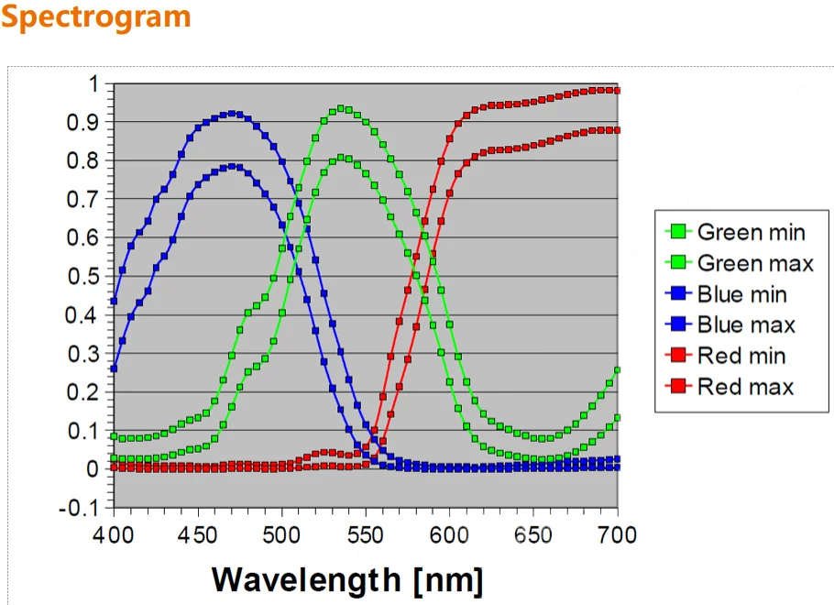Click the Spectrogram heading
pyautogui.click(x=96, y=17)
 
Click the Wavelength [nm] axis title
pyautogui.click(x=347, y=579)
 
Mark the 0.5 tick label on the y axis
pyautogui.click(x=85, y=277)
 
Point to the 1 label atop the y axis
pyautogui.click(x=93, y=83)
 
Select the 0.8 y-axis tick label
pyautogui.click(x=85, y=161)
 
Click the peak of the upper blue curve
pyautogui.click(x=232, y=114)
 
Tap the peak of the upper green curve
pyautogui.click(x=341, y=108)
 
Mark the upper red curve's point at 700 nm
pyautogui.click(x=617, y=90)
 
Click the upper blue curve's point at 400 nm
pyautogui.click(x=114, y=301)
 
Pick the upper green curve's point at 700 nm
pyautogui.click(x=617, y=369)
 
